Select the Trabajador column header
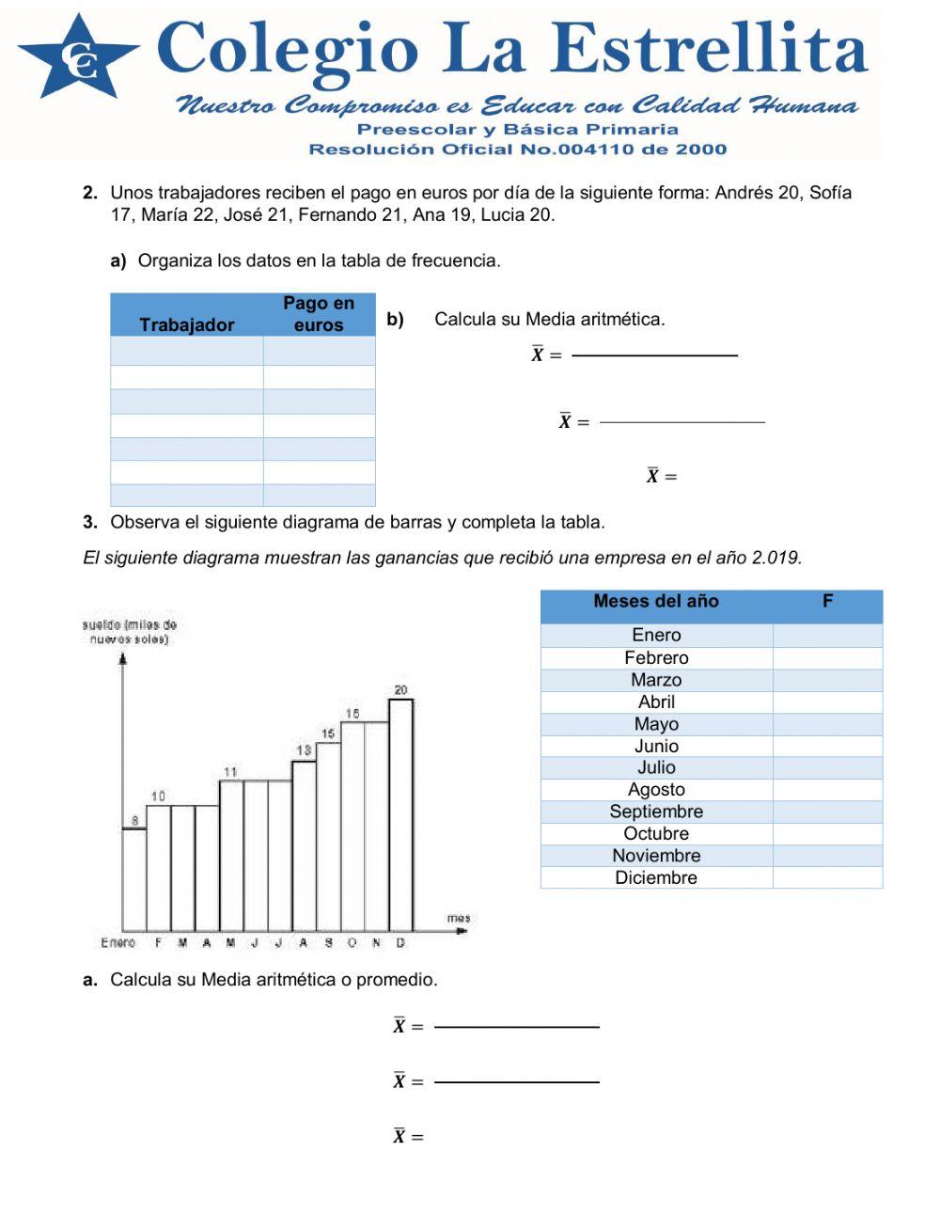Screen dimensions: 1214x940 point(186,324)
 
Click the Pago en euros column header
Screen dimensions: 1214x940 point(319,314)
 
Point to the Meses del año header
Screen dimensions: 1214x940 point(655,602)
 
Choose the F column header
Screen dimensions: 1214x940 point(827,602)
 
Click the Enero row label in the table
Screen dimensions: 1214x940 point(656,635)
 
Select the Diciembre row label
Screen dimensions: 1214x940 point(656,877)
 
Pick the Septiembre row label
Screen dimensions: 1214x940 point(656,812)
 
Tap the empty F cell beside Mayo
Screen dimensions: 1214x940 point(827,724)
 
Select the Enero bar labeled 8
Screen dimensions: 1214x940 point(134,879)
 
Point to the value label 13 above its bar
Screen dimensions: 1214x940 point(304,750)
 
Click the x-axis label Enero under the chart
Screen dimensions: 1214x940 point(118,942)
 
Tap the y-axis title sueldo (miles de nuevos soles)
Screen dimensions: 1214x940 point(130,632)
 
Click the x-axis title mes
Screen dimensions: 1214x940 point(458,918)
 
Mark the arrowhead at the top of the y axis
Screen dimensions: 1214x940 point(123,658)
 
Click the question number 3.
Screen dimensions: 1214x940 point(90,522)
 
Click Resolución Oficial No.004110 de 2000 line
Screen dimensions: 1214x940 point(517,149)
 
